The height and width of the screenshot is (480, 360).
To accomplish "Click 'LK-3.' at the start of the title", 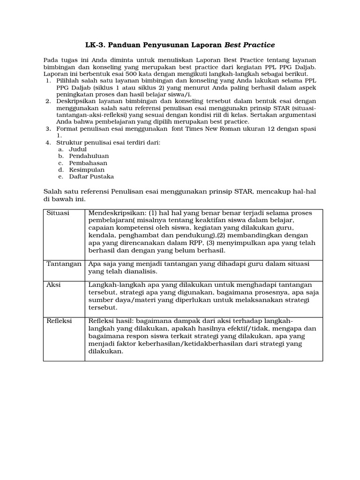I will pyautogui.click(x=95, y=45).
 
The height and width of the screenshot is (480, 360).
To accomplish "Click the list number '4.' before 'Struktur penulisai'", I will pyautogui.click(x=48, y=142).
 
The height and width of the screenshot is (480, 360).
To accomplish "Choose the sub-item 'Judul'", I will pyautogui.click(x=78, y=149).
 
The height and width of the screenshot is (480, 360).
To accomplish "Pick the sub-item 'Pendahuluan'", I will pyautogui.click(x=89, y=156).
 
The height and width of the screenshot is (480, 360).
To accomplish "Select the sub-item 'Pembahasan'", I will pyautogui.click(x=88, y=163).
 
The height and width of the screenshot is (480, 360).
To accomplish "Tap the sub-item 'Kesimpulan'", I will pyautogui.click(x=87, y=169).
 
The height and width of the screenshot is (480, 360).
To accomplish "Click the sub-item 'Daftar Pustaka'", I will pyautogui.click(x=91, y=176).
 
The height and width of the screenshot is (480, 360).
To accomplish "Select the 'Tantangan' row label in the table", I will pyautogui.click(x=64, y=264).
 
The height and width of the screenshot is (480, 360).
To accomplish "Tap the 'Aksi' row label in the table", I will pyautogui.click(x=53, y=285).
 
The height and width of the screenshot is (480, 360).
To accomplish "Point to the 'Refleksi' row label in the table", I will pyautogui.click(x=59, y=321).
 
